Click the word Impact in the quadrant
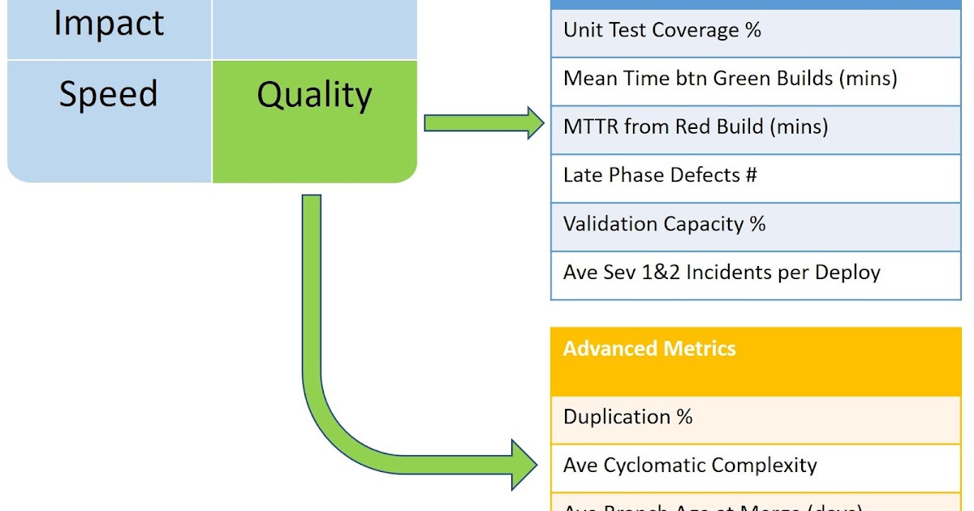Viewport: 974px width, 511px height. point(109,23)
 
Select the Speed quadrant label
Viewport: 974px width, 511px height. point(109,94)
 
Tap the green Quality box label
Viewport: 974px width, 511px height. point(314,95)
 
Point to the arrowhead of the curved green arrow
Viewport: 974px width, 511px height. point(523,466)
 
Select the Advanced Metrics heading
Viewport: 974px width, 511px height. point(649,349)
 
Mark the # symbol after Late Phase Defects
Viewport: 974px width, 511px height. point(751,175)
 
